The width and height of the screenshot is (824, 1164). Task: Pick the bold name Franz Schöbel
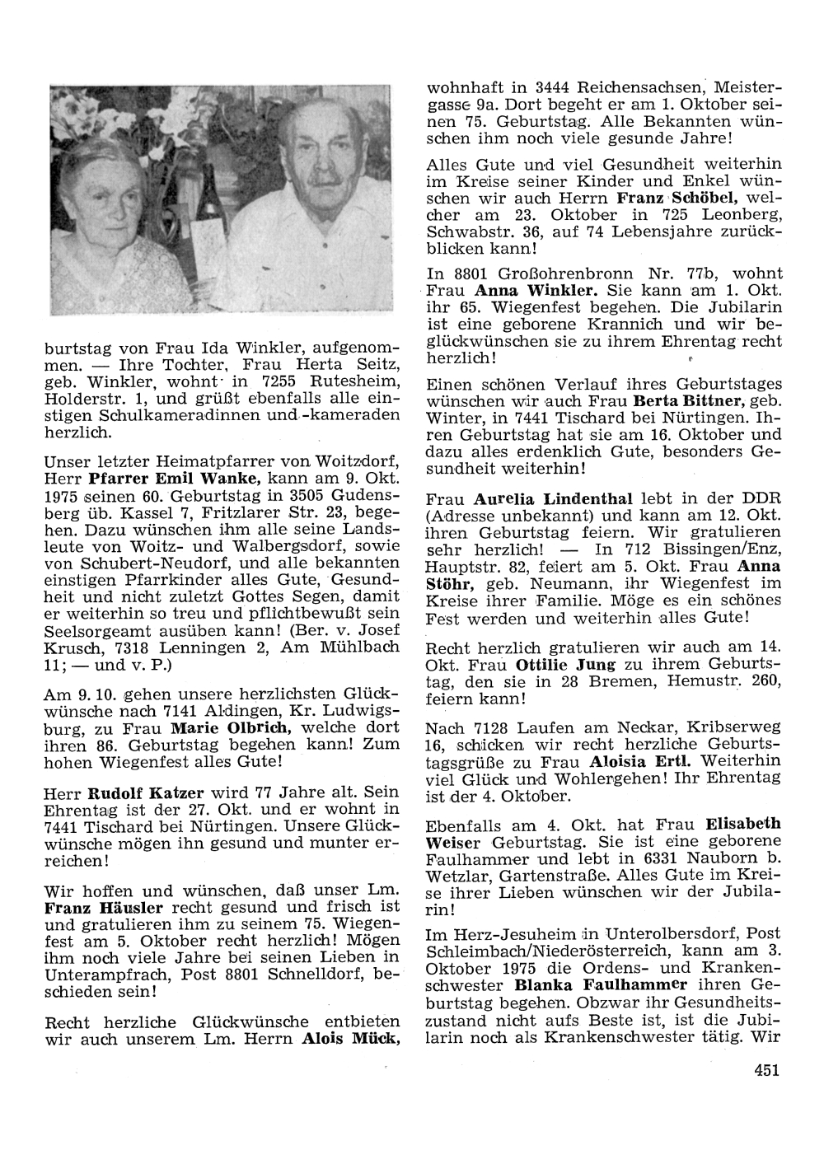click(x=681, y=199)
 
